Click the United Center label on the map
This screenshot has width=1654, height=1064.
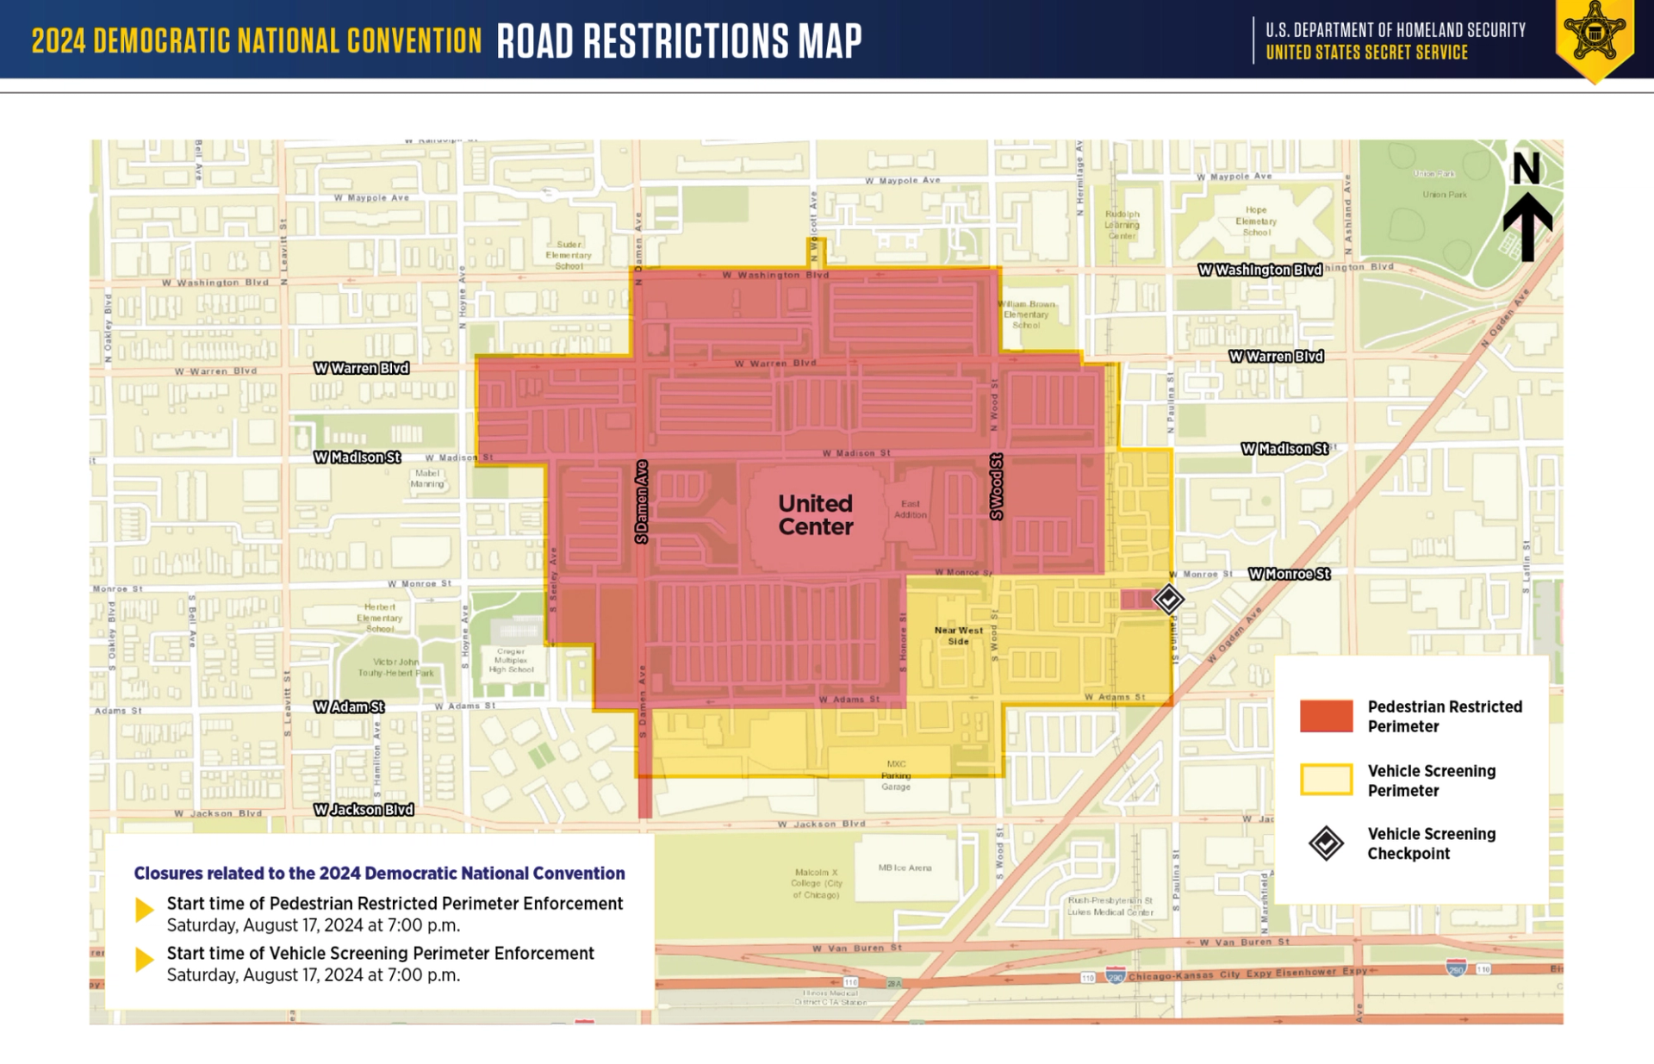tap(815, 515)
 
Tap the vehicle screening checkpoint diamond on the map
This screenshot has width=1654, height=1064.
tap(1168, 599)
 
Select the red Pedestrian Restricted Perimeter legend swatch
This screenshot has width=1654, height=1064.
tap(1326, 716)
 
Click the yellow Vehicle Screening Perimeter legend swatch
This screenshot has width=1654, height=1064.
tap(1326, 780)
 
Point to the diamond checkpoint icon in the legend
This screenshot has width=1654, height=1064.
tap(1326, 843)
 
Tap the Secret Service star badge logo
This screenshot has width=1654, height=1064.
tap(1595, 36)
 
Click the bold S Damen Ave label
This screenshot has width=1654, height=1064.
tap(641, 502)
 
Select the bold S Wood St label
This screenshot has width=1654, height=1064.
tap(996, 487)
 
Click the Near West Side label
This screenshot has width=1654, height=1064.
tap(958, 636)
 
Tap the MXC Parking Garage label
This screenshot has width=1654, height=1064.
tap(896, 775)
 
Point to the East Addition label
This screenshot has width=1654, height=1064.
tap(910, 509)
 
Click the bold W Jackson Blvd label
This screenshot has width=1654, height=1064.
tap(364, 810)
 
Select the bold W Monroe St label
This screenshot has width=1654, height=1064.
tap(1289, 574)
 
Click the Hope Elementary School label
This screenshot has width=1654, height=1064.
tap(1255, 221)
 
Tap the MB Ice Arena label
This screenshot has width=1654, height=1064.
tap(905, 868)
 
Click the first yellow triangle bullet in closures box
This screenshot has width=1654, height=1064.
tap(145, 910)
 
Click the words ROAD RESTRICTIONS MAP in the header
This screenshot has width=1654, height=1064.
tap(679, 40)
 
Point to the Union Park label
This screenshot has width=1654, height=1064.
tap(1445, 195)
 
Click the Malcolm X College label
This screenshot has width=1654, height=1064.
tap(816, 884)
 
